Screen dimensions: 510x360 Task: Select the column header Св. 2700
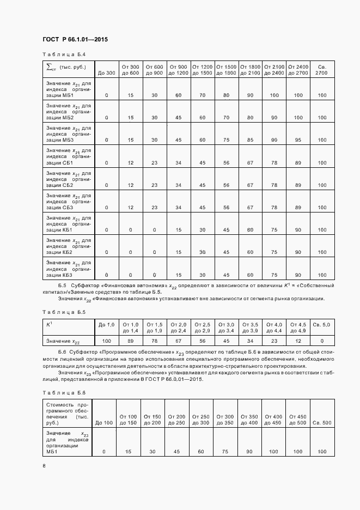click(x=321, y=70)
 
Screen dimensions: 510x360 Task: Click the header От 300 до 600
click(x=131, y=70)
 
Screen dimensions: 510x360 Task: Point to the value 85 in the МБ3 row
click(x=250, y=140)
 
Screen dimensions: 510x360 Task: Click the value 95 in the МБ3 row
click(x=297, y=140)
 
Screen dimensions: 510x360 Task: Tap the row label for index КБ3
click(x=68, y=268)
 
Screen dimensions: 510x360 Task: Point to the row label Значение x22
click(x=63, y=342)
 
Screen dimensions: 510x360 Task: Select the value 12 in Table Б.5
click(x=297, y=341)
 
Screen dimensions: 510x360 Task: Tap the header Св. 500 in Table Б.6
click(x=322, y=423)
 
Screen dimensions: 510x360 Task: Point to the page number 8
click(x=44, y=465)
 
